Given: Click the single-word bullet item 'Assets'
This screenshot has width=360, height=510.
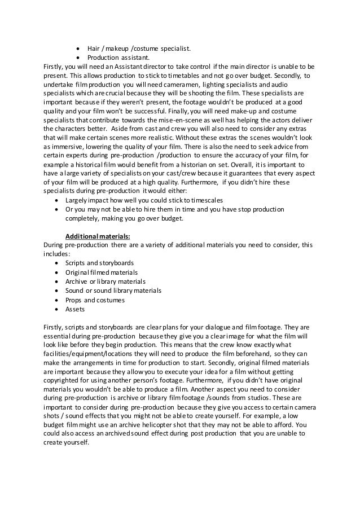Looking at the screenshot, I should click(74, 309).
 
